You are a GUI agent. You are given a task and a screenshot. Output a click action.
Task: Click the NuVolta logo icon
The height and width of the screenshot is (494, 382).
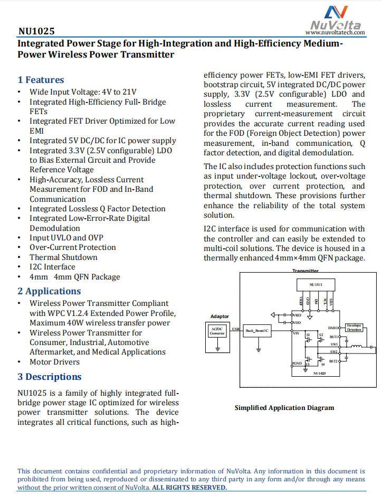336,13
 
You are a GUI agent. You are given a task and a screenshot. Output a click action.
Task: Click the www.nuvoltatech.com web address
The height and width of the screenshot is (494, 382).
335,33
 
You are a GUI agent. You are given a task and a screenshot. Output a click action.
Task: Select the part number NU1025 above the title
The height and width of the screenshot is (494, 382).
36,32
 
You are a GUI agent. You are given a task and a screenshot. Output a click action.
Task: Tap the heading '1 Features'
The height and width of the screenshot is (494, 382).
41,80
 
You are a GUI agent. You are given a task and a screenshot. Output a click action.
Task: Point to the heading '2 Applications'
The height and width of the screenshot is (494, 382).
49,291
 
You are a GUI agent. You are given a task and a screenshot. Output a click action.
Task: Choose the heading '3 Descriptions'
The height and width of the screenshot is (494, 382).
50,377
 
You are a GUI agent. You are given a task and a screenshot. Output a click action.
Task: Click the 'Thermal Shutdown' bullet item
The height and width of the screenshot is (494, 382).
63,257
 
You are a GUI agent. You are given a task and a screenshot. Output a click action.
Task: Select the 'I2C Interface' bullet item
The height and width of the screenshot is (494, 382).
52,267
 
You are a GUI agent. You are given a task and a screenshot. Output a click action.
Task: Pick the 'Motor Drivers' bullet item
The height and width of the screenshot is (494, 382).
54,362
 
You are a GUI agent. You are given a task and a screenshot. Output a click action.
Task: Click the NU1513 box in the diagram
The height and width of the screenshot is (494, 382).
316,284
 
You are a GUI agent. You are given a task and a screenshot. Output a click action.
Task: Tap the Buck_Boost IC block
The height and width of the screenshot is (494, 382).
257,331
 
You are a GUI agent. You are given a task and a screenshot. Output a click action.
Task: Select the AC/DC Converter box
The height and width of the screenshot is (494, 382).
217,331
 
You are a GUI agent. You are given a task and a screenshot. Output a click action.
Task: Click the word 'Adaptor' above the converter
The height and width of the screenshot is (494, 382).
219,316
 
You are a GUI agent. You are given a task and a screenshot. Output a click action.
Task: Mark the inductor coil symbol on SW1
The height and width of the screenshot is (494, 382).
357,347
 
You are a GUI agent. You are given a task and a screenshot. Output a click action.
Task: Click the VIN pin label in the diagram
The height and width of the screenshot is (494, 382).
296,333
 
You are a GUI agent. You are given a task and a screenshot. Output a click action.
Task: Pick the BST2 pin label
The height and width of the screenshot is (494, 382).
333,361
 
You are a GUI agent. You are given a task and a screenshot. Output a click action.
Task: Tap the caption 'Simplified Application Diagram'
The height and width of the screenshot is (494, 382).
284,408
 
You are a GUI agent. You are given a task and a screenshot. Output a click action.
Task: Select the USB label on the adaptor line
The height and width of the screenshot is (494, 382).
235,329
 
